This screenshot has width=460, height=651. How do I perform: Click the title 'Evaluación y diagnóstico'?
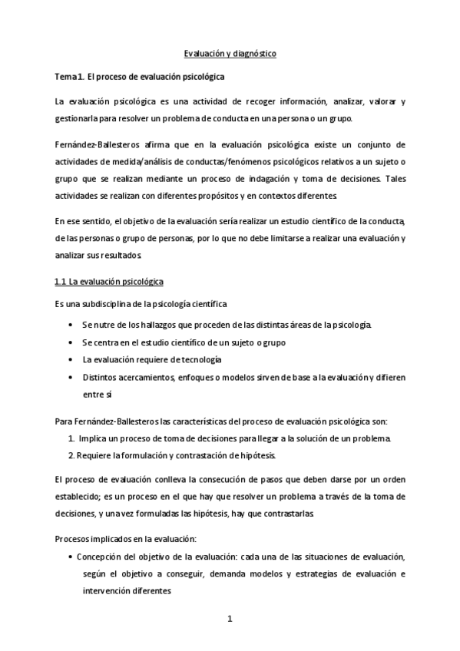(230, 55)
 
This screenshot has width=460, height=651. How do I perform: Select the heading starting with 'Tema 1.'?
(138, 78)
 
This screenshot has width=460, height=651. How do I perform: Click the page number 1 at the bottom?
(230, 619)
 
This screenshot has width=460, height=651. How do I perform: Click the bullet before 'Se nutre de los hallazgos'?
(71, 325)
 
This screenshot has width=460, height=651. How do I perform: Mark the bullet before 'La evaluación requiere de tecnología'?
(71, 359)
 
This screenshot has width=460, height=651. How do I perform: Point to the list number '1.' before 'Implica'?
(71, 438)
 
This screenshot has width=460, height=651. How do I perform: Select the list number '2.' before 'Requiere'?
(71, 456)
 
